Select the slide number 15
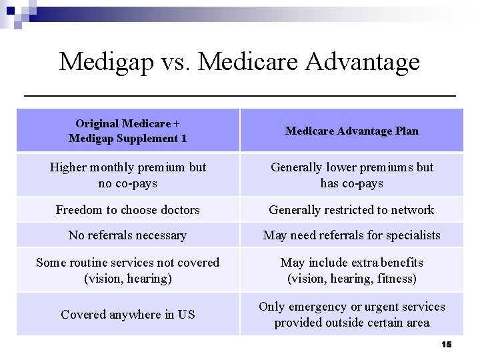click(x=446, y=344)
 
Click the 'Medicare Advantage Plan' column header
click(x=351, y=131)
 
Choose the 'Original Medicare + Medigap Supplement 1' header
click(x=127, y=131)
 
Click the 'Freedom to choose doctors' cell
click(x=127, y=210)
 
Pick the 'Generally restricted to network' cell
click(x=351, y=210)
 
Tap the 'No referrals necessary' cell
click(x=127, y=235)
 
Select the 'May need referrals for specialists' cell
click(x=351, y=235)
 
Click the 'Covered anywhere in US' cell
click(x=127, y=315)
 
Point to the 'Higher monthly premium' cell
click(x=127, y=175)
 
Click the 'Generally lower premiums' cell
click(x=351, y=175)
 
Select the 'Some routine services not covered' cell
click(x=127, y=270)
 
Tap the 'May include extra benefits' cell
click(x=351, y=270)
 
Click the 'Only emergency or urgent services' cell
click(x=351, y=315)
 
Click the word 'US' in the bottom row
click(x=186, y=315)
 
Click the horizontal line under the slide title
click(x=240, y=97)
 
